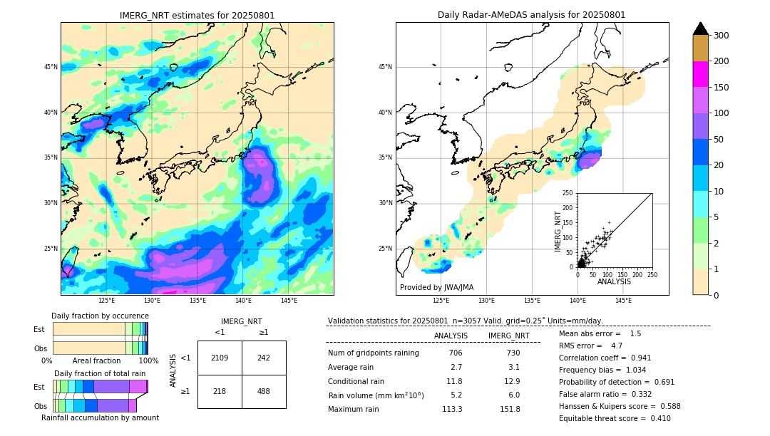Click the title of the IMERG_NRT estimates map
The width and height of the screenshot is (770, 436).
[x=197, y=15]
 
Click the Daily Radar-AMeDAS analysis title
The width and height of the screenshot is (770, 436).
[x=532, y=15]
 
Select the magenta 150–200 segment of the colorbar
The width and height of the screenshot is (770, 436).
[x=700, y=74]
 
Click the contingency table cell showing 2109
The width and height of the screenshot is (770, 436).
[x=220, y=358]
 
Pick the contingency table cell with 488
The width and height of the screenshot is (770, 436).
[x=264, y=391]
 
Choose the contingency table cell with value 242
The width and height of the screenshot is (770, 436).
[x=264, y=358]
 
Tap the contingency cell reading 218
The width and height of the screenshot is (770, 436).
[x=220, y=391]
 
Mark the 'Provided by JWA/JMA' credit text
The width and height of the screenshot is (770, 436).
[x=436, y=288]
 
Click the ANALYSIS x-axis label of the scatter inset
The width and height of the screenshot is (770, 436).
[x=614, y=281]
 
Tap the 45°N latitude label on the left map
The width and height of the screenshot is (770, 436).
[x=51, y=67]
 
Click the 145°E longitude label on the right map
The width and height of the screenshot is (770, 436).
[x=623, y=301]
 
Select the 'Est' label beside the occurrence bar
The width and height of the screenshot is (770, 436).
[x=39, y=329]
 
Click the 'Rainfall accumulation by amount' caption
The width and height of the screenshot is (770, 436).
[x=100, y=417]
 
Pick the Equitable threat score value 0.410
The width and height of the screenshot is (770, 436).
[x=657, y=418]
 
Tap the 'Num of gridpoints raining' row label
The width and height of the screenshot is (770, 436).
[x=373, y=353]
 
